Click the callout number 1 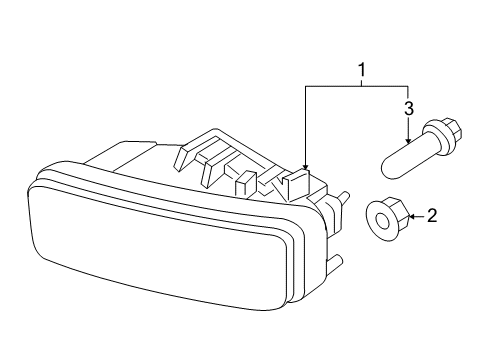(362, 70)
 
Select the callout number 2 (432, 216)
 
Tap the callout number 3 (409, 109)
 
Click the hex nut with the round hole (387, 219)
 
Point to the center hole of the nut (383, 222)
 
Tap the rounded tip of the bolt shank (387, 169)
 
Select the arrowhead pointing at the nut (412, 217)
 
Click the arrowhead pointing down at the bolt (408, 141)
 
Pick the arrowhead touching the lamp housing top (305, 166)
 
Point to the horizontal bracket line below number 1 (357, 87)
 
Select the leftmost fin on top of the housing (188, 157)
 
